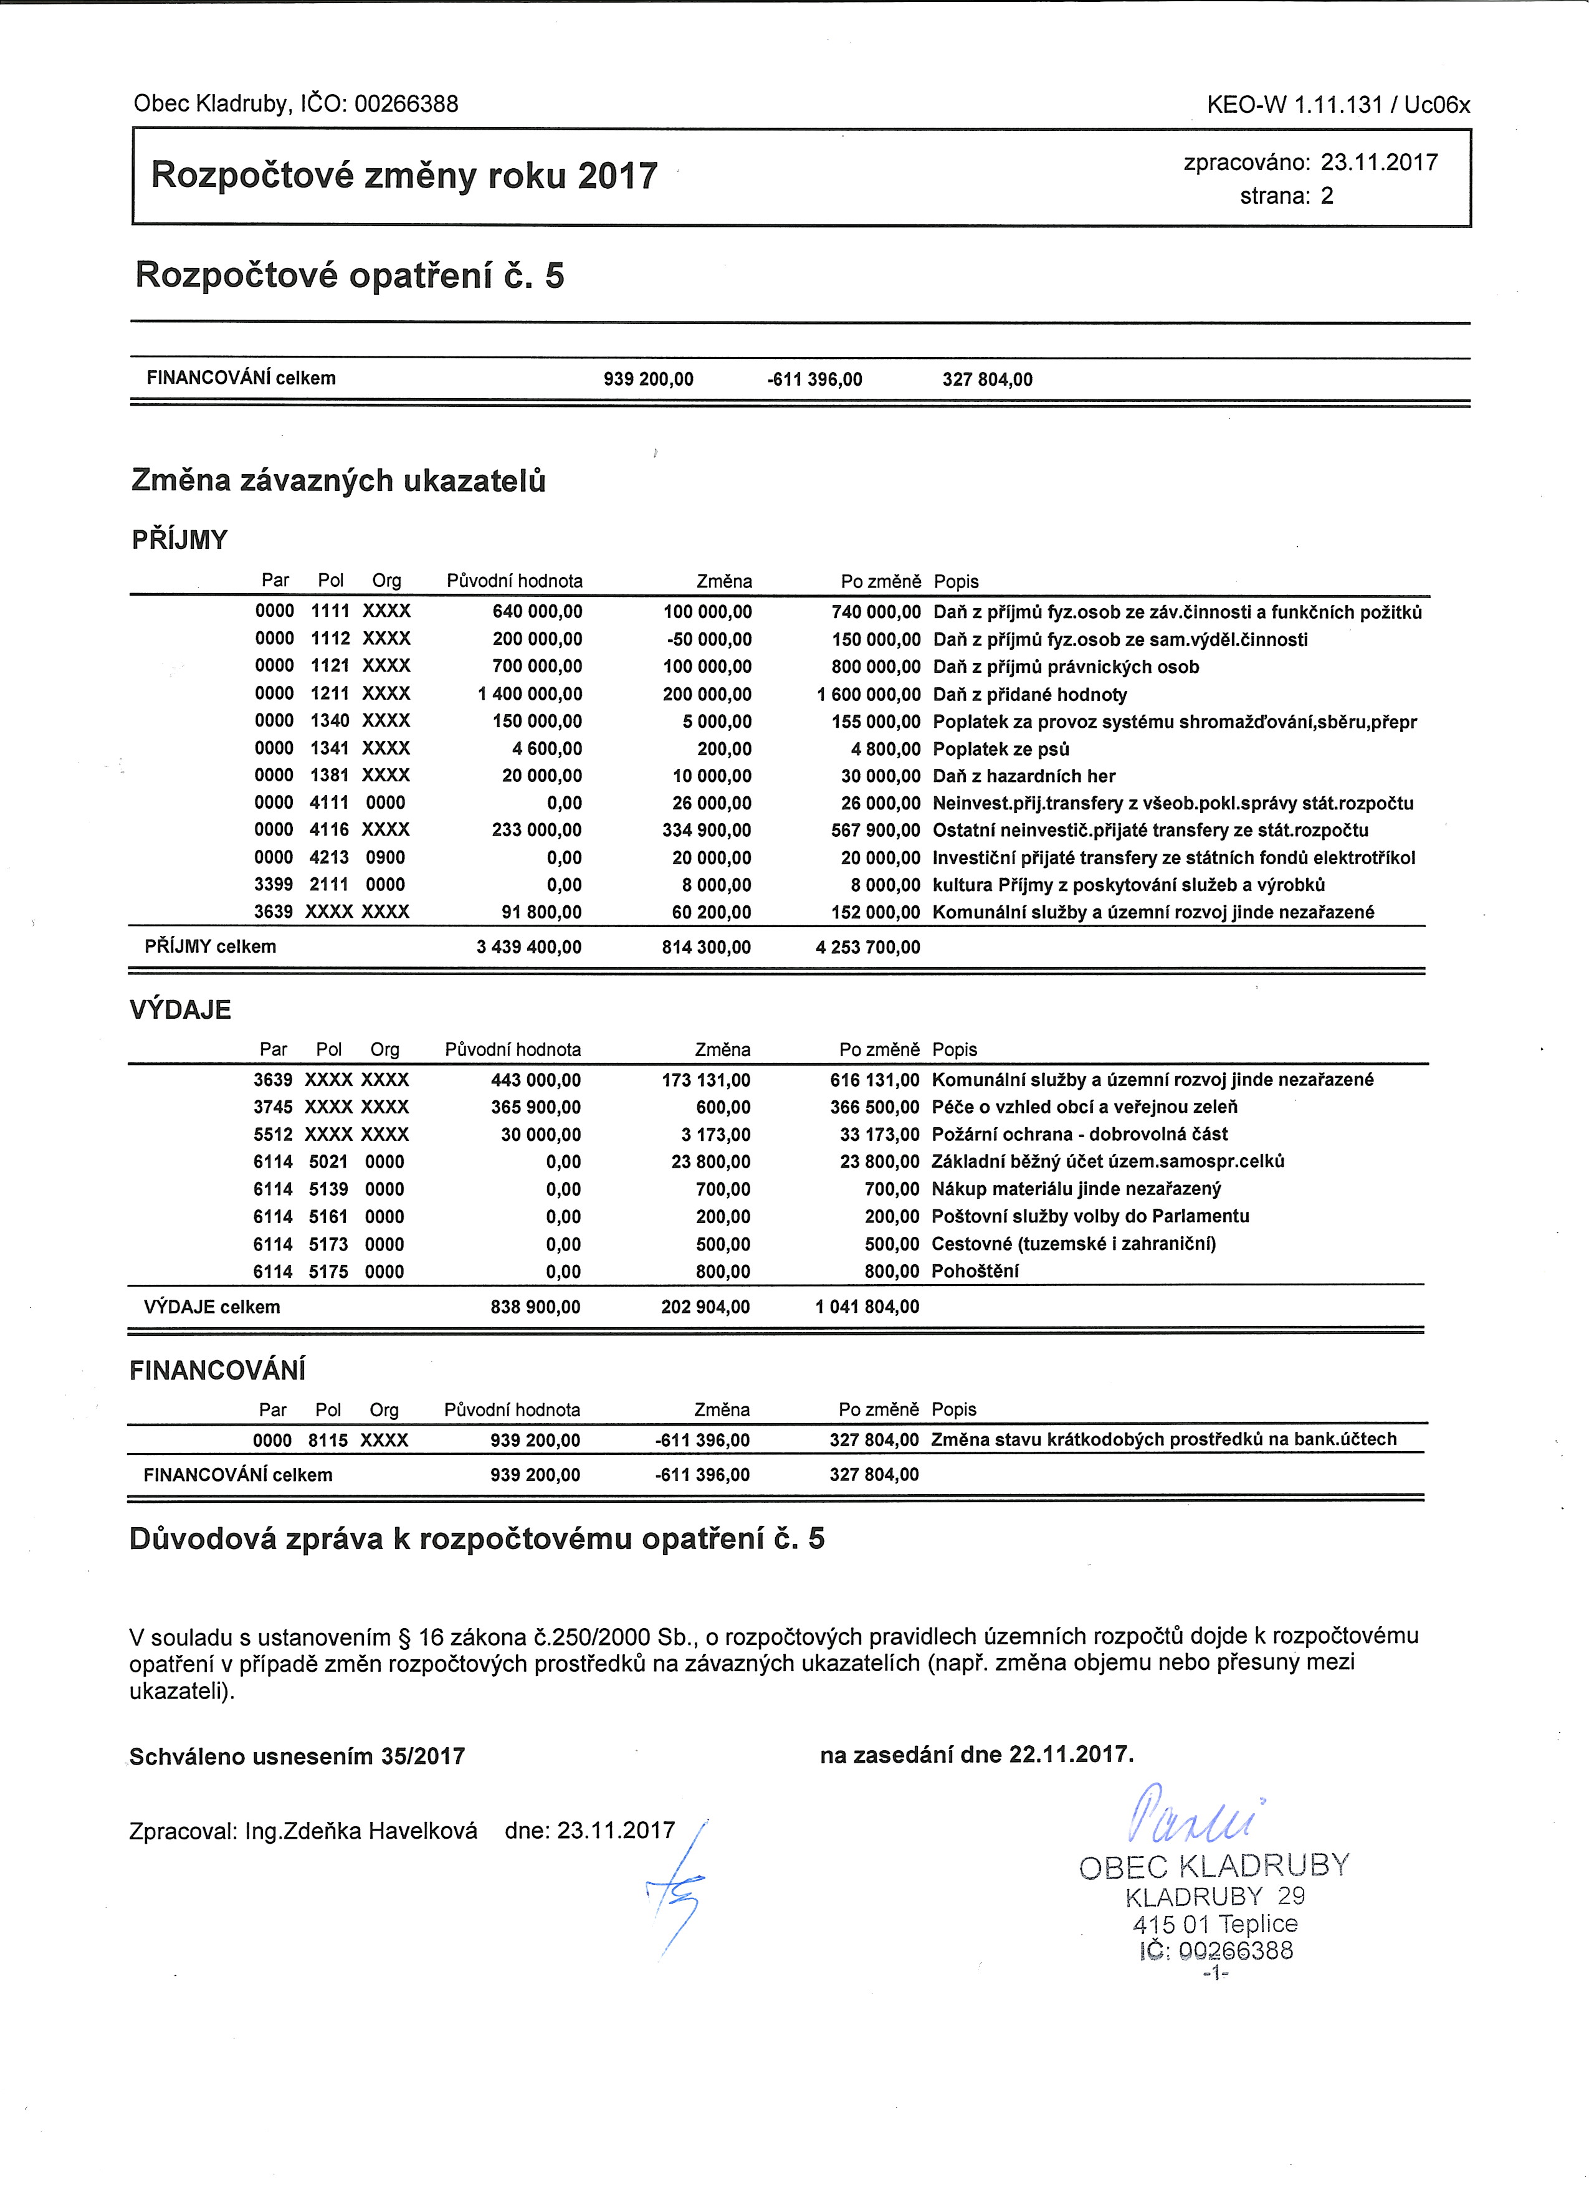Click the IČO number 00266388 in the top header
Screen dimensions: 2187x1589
pos(406,103)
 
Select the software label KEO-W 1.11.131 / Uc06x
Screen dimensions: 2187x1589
pos(1338,104)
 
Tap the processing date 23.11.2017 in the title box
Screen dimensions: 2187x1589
pos(1379,162)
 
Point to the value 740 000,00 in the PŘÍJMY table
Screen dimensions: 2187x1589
pos(876,612)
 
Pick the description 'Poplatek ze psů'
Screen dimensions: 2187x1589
pos(1001,749)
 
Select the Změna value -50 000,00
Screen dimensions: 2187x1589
pos(709,639)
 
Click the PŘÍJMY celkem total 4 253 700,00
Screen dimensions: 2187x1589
pos(868,947)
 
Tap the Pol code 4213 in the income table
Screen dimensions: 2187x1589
pos(330,857)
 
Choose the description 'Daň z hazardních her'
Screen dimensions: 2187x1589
pos(1024,776)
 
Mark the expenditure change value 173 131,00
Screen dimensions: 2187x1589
pos(706,1080)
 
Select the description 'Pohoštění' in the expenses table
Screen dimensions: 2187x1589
pos(974,1271)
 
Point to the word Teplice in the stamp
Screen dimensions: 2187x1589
pos(1257,1924)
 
